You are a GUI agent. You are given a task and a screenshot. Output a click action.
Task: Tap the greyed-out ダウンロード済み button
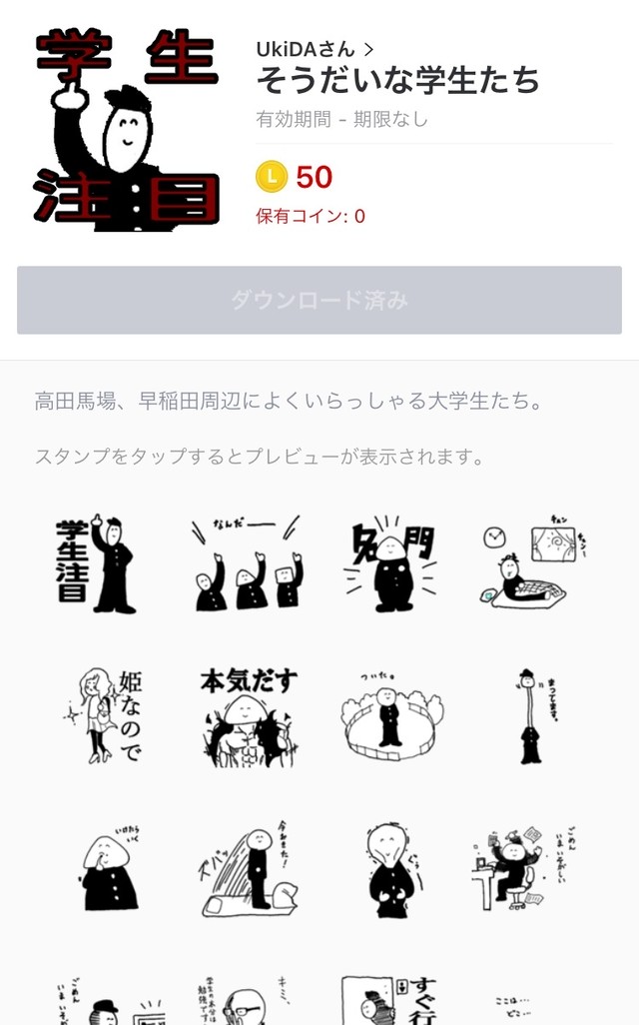click(319, 300)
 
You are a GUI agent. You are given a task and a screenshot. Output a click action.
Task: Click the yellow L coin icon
click(272, 177)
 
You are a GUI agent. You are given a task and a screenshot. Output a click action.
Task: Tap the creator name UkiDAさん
click(305, 48)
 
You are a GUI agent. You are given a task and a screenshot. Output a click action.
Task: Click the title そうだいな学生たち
click(397, 79)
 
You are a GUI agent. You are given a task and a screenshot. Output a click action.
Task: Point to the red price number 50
click(315, 178)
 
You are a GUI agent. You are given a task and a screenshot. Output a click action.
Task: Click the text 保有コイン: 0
click(311, 216)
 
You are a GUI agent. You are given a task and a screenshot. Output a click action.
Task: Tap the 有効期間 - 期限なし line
click(341, 120)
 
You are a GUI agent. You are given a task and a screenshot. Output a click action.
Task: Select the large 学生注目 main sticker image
click(126, 130)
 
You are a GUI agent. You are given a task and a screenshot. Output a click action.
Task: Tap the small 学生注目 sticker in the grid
click(97, 565)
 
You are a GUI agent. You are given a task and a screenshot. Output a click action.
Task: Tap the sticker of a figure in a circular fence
click(388, 713)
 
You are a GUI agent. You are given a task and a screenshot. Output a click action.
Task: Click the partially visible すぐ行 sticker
click(388, 999)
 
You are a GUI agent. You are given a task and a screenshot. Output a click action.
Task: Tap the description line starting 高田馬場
click(289, 402)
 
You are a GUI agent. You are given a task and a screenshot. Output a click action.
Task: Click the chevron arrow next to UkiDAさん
click(369, 48)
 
